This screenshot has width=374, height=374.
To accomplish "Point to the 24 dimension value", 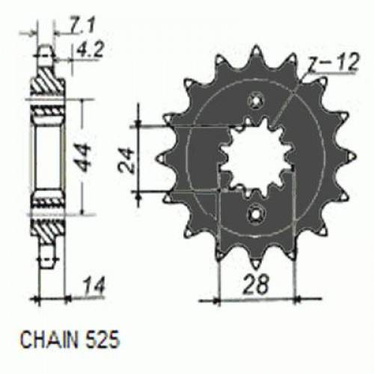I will pyautogui.click(x=126, y=158).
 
